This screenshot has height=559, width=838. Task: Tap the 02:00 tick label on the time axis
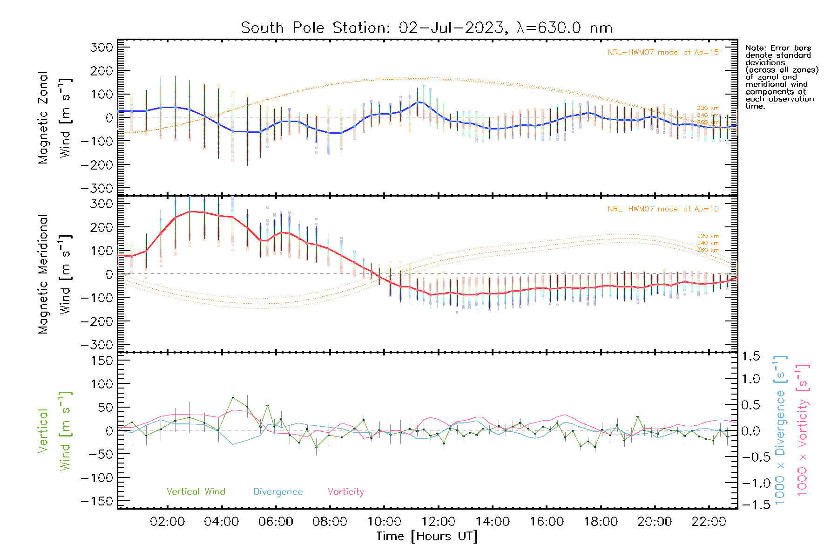(x=167, y=522)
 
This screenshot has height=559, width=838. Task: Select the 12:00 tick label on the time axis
(x=438, y=522)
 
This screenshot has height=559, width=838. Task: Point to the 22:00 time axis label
(x=709, y=522)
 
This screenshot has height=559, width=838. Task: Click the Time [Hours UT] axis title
(x=427, y=536)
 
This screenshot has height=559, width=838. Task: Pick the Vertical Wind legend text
(x=196, y=492)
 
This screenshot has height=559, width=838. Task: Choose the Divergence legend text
(x=278, y=492)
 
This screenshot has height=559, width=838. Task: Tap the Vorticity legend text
(x=345, y=492)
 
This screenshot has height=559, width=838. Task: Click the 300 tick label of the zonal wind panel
(x=102, y=48)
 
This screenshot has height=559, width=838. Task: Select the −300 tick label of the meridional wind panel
(x=97, y=345)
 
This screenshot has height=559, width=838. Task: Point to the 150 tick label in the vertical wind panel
(x=102, y=361)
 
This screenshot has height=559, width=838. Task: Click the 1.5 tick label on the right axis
(x=751, y=356)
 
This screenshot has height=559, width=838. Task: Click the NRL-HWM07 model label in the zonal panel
(x=663, y=53)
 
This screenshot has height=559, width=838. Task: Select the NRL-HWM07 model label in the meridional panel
(x=663, y=209)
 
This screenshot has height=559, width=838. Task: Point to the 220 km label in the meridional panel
(x=708, y=236)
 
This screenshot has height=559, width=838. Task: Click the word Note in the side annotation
(x=755, y=48)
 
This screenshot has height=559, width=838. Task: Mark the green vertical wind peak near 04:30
(x=233, y=397)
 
